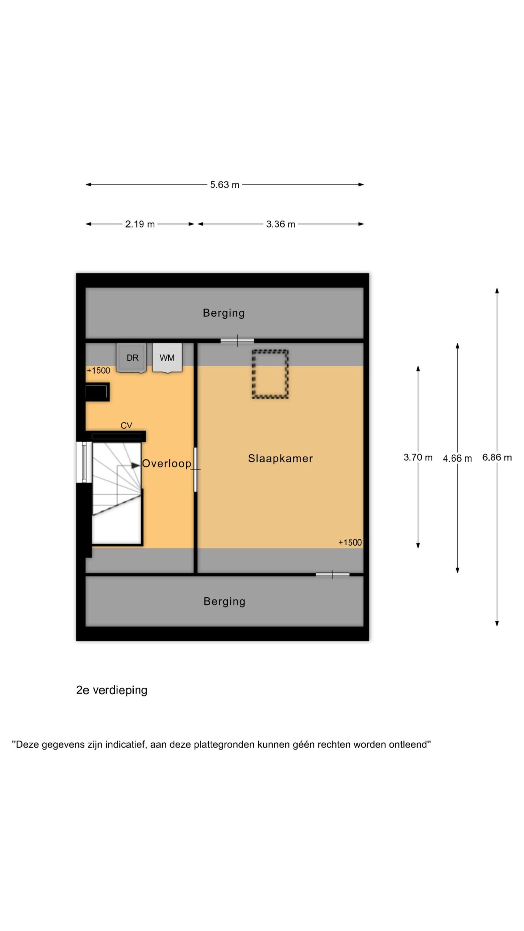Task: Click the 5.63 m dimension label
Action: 225,185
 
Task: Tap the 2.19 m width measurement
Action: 140,224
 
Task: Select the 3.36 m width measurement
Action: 280,224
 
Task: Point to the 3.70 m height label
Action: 418,457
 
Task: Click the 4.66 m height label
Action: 457,458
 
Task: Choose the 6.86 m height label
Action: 497,457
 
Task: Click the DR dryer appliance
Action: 131,358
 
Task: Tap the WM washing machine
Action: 167,358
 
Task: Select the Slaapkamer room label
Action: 280,458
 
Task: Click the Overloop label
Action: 167,463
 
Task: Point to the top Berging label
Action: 224,313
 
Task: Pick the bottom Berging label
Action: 224,602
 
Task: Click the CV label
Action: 126,425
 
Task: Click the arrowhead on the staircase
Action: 136,465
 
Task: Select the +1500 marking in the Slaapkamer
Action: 350,543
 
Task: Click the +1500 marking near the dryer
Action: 98,371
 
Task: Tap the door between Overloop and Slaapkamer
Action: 195,470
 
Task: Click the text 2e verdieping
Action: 112,690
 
